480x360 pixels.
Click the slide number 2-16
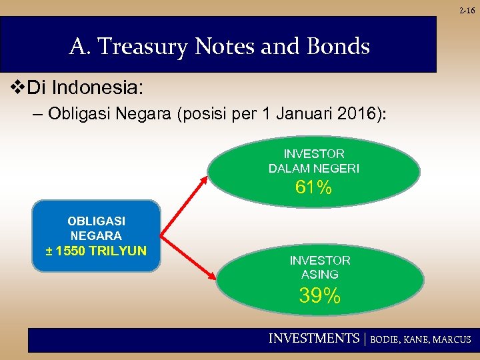point(467,10)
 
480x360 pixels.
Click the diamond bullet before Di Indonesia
point(19,87)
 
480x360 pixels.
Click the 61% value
point(313,189)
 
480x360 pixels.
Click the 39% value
point(320,295)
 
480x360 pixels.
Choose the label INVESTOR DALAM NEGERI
point(313,161)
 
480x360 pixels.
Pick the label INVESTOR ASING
point(320,267)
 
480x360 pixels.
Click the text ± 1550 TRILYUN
point(97,251)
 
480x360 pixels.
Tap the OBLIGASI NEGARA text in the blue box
point(97,228)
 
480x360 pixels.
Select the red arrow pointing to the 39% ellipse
point(187,257)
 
